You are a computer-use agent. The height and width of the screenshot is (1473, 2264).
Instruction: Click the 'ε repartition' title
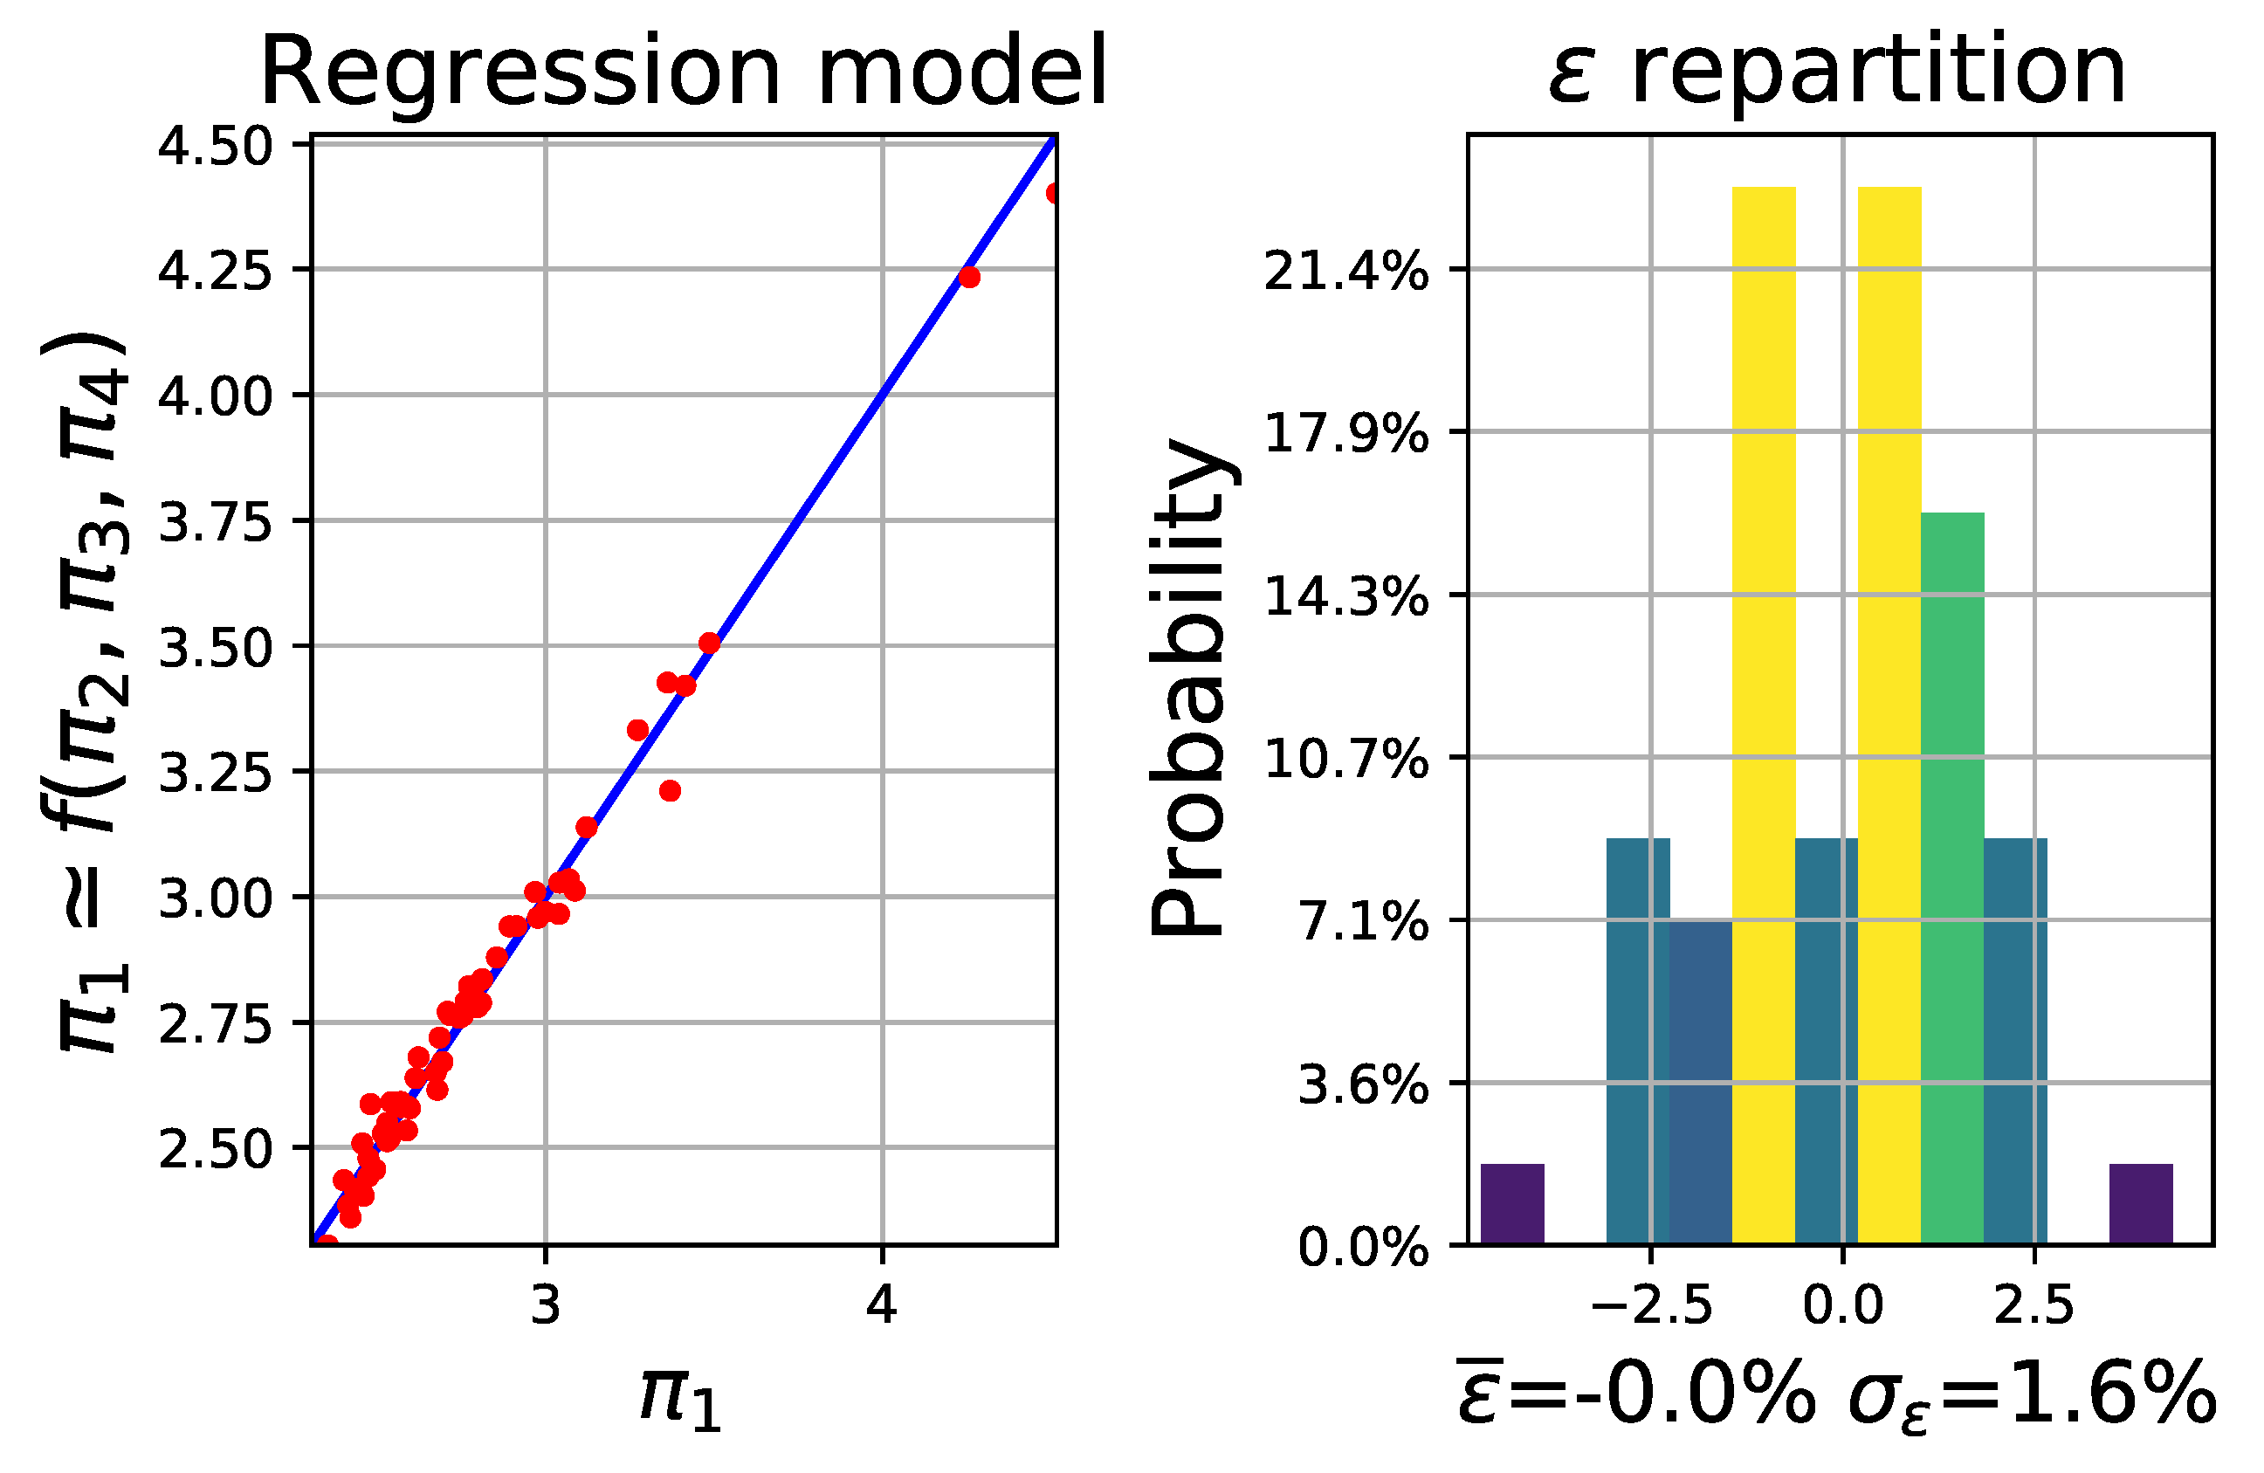pyautogui.click(x=1836, y=72)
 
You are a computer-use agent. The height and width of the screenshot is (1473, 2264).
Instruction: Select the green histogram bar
pyautogui.click(x=1952, y=876)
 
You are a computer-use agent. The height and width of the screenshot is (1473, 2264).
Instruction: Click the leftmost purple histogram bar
pyautogui.click(x=1512, y=1204)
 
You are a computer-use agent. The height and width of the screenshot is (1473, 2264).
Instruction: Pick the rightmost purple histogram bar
pyautogui.click(x=2140, y=1204)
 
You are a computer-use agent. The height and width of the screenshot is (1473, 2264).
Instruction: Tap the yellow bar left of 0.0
pyautogui.click(x=1764, y=713)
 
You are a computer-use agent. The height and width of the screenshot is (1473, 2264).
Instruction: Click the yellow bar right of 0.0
pyautogui.click(x=1889, y=713)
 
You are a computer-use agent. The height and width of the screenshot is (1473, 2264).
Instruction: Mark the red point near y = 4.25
pyautogui.click(x=968, y=277)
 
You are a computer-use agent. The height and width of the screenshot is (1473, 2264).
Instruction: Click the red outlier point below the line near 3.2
pyautogui.click(x=670, y=791)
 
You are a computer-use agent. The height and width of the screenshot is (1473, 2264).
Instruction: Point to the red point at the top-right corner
pyautogui.click(x=1053, y=193)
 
